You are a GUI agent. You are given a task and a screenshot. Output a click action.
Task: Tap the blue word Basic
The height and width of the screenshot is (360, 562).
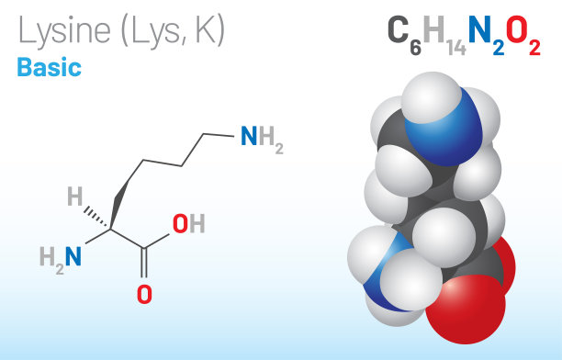(x=49, y=68)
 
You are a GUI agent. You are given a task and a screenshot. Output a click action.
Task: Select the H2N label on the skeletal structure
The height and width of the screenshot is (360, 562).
(x=61, y=256)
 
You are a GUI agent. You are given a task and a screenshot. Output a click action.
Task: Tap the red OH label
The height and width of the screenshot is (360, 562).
(x=188, y=224)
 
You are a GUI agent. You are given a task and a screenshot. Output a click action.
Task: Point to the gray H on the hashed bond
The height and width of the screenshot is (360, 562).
(x=75, y=195)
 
